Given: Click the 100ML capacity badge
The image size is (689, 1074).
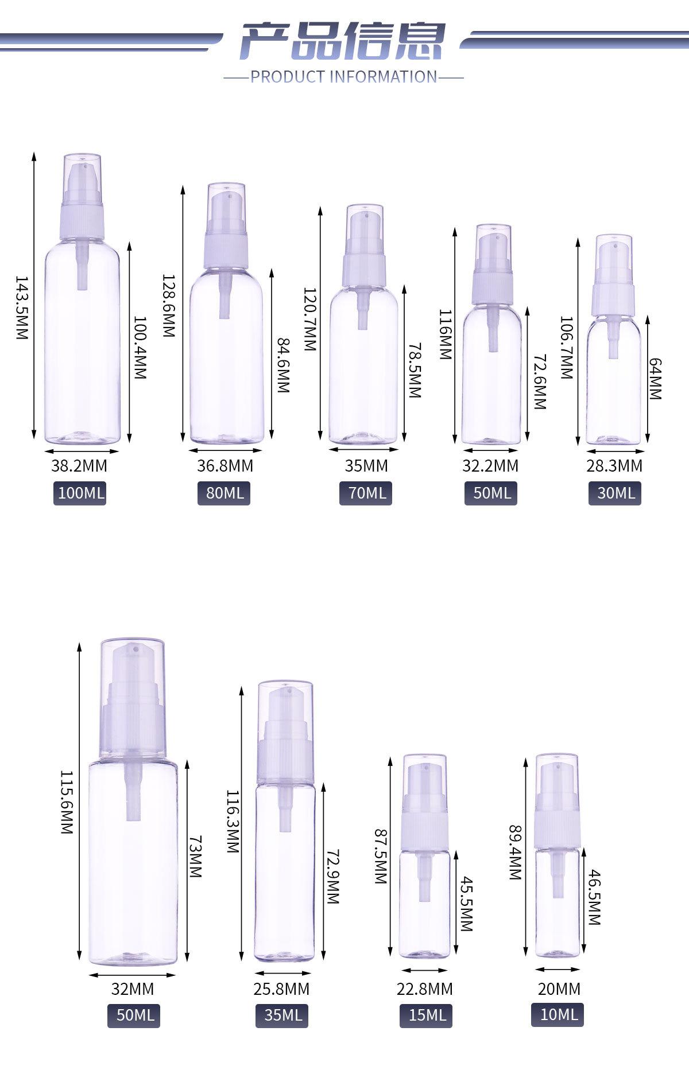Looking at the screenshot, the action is click(80, 493).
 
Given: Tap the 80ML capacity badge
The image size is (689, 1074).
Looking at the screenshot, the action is click(224, 493).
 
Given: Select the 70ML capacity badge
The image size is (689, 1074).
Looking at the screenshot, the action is click(366, 493).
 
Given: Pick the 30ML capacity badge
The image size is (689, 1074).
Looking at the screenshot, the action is click(615, 493).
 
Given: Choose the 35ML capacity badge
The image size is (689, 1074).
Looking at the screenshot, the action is click(282, 1015).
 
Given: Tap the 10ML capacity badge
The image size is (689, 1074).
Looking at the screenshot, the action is click(558, 1014).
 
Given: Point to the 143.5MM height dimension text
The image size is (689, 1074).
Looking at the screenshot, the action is click(21, 308).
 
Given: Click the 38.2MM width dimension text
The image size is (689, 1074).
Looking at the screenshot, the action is click(79, 466).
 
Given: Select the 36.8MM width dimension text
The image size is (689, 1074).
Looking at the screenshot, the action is click(225, 466).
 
